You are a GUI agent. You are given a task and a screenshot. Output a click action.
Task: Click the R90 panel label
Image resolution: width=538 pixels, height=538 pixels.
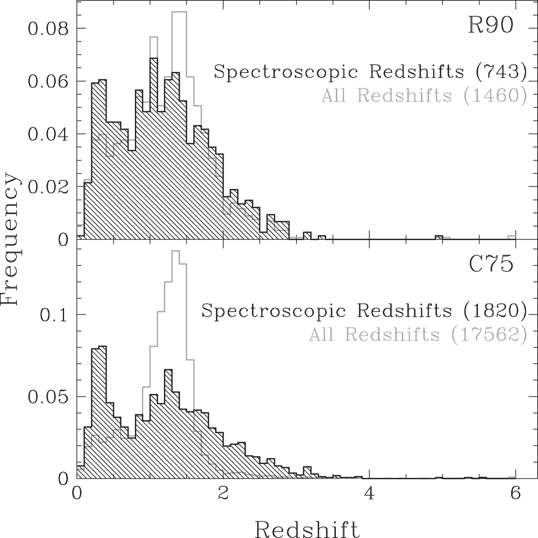click(491, 26)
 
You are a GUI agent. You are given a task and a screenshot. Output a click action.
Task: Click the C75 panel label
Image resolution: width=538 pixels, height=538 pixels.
click(491, 265)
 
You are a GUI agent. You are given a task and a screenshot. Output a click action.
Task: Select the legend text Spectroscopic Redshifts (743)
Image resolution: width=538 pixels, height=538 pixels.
click(370, 72)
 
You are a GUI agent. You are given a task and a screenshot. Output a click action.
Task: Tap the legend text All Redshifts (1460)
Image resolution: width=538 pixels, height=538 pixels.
click(424, 96)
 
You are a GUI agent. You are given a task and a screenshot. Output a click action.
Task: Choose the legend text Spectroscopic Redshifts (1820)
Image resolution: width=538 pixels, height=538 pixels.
click(364, 311)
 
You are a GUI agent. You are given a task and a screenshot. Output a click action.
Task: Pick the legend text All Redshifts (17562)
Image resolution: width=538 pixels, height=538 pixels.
click(418, 335)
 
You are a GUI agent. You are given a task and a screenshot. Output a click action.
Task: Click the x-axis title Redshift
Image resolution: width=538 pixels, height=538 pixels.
click(307, 529)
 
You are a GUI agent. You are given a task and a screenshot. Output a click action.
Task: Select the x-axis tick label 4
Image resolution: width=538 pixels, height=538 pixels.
click(370, 493)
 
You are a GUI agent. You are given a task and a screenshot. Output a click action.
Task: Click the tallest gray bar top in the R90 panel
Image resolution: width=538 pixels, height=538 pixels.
click(179, 12)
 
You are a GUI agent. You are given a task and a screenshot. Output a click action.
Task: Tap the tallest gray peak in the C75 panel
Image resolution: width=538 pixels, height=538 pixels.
click(175, 251)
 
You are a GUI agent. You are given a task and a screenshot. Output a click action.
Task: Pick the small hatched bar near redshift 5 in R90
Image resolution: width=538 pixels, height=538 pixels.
click(439, 237)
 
